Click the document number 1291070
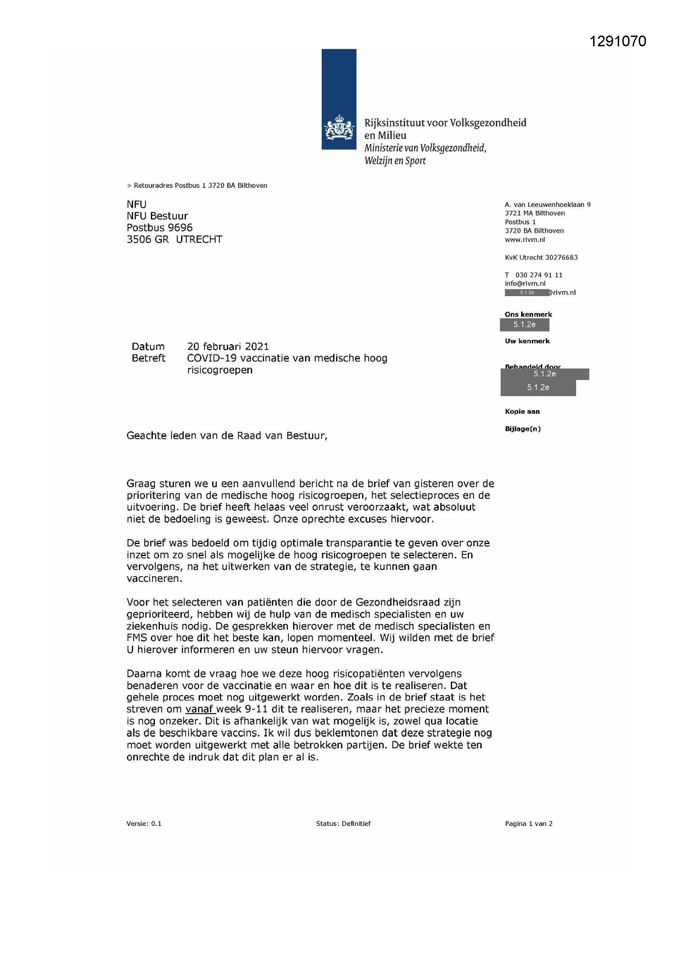click(618, 42)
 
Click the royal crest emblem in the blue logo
click(339, 128)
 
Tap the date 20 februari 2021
click(228, 346)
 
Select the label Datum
click(148, 346)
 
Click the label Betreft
click(148, 358)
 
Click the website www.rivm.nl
click(525, 240)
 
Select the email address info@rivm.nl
click(525, 284)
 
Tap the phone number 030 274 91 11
click(538, 275)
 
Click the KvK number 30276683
click(561, 257)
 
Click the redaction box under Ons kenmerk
click(524, 325)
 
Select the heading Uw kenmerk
click(527, 341)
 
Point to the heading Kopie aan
click(522, 412)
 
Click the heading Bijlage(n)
click(523, 429)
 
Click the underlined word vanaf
click(199, 709)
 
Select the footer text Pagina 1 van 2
click(529, 824)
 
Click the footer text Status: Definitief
click(343, 824)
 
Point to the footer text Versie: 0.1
click(144, 824)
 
